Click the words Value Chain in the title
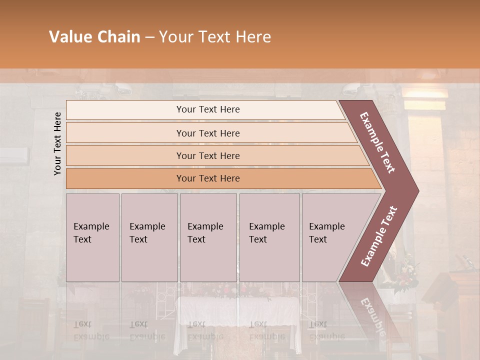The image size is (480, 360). point(94,37)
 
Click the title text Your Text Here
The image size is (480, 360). point(215,37)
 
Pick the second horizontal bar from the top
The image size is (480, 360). point(208,133)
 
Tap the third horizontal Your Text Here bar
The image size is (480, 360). point(208,155)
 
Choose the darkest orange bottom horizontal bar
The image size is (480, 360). point(208,178)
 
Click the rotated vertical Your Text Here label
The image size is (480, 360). point(57,143)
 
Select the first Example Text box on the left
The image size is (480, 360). point(92,237)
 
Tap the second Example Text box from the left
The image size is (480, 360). point(149,237)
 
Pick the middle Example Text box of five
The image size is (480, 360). point(208,237)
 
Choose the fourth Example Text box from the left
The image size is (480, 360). point(269,237)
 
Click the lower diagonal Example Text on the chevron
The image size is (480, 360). point(379,236)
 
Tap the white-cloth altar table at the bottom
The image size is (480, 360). point(238,312)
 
